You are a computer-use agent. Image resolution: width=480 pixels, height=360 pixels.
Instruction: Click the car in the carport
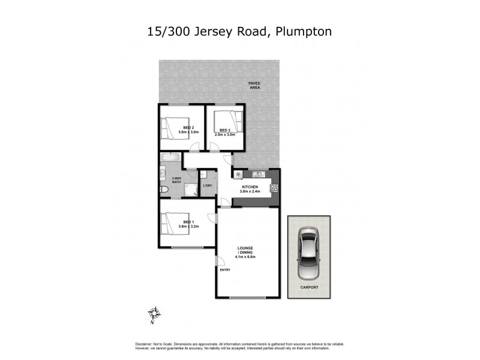click(309, 254)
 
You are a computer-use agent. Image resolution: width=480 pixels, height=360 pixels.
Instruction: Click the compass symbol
click(155, 313)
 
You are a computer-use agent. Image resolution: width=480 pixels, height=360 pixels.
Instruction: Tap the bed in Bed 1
click(174, 225)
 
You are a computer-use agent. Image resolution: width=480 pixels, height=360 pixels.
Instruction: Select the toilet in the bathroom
click(165, 190)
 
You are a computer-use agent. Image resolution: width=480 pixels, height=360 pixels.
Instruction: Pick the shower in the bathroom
click(191, 190)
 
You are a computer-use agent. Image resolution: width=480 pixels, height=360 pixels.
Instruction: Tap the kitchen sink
click(259, 175)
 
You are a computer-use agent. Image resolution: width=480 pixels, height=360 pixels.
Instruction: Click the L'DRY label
click(208, 185)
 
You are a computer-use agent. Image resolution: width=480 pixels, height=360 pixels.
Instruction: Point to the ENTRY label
click(225, 269)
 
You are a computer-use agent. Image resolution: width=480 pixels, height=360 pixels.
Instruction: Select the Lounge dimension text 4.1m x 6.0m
click(246, 257)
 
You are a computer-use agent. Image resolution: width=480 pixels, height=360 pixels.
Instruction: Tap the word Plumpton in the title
click(304, 31)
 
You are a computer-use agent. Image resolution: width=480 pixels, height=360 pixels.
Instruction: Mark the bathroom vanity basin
click(163, 175)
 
